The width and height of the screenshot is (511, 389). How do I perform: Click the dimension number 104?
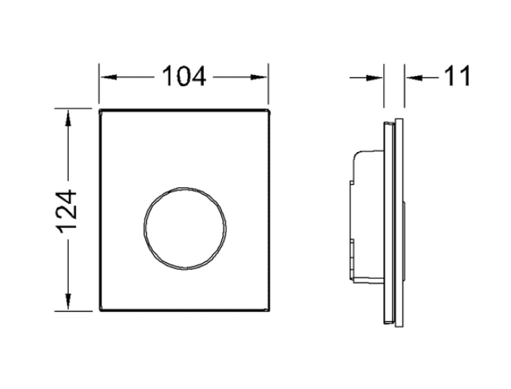click(x=184, y=76)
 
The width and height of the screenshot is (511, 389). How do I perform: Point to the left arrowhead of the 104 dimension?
click(x=109, y=77)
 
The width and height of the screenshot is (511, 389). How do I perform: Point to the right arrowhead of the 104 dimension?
click(x=258, y=77)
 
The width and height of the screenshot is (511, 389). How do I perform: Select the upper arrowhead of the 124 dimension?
click(x=68, y=118)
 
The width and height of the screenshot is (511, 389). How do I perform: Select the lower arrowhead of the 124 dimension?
click(x=68, y=301)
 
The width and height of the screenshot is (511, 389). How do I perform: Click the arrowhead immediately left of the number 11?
click(x=414, y=78)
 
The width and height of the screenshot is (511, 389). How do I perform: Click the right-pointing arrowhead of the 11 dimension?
click(x=374, y=78)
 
